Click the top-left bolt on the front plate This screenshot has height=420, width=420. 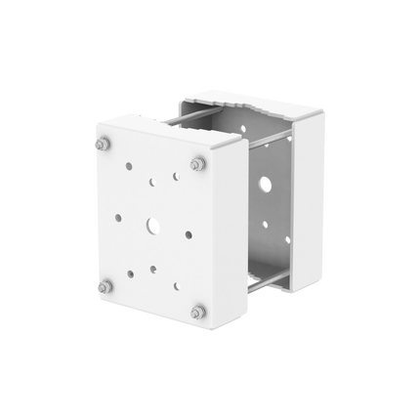coord(101,145)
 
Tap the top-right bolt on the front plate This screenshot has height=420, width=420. coord(197,161)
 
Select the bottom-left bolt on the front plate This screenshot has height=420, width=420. coord(105,287)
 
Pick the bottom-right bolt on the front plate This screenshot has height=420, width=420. coord(199,313)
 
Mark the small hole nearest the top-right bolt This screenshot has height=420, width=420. coord(176,177)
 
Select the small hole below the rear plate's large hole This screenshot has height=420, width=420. coord(264,224)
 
